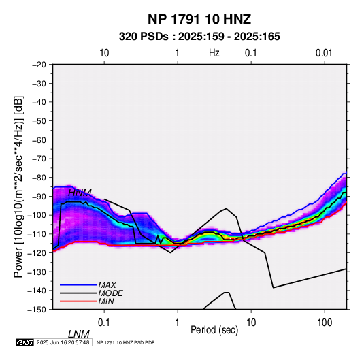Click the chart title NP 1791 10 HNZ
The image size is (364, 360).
[199, 19]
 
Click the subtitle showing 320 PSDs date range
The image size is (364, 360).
[199, 37]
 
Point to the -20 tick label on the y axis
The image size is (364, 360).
[39, 65]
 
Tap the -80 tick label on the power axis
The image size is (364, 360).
[39, 178]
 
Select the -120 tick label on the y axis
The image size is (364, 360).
[37, 252]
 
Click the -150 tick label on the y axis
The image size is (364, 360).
[37, 310]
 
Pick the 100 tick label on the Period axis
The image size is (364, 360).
[325, 323]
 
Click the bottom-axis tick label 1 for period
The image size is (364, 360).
[178, 323]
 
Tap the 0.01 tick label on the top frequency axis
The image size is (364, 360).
[324, 53]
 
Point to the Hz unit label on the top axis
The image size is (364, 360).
[214, 53]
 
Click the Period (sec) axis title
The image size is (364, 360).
[214, 330]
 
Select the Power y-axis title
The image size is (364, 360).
[18, 186]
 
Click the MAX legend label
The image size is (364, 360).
[107, 285]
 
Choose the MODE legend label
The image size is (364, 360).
[110, 293]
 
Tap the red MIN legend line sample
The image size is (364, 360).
[78, 301]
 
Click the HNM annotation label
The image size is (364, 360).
[80, 193]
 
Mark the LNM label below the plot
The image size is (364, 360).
[79, 334]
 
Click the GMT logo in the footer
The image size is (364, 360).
[24, 342]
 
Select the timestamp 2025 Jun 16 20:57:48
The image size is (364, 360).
[63, 342]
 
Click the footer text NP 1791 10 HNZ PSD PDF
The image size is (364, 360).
[125, 342]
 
